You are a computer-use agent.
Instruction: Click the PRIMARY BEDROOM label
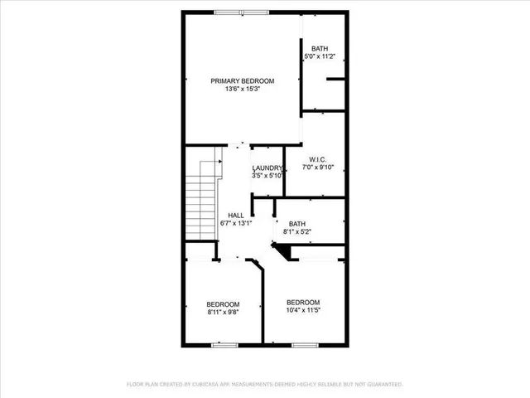point(242,80)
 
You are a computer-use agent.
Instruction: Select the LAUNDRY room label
point(268,167)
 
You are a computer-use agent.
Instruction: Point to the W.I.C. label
point(320,159)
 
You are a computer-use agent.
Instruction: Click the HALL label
point(235,215)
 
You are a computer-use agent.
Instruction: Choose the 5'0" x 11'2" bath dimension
point(321,56)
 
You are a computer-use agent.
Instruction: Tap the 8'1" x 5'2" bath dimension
point(296,232)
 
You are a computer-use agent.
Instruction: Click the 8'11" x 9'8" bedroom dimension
point(223,312)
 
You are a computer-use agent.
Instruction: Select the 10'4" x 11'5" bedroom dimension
point(302,310)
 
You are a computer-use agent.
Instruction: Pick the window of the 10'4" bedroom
point(305,344)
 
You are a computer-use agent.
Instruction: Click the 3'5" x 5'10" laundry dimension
point(268,175)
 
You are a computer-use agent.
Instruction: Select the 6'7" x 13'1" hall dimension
point(235,223)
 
